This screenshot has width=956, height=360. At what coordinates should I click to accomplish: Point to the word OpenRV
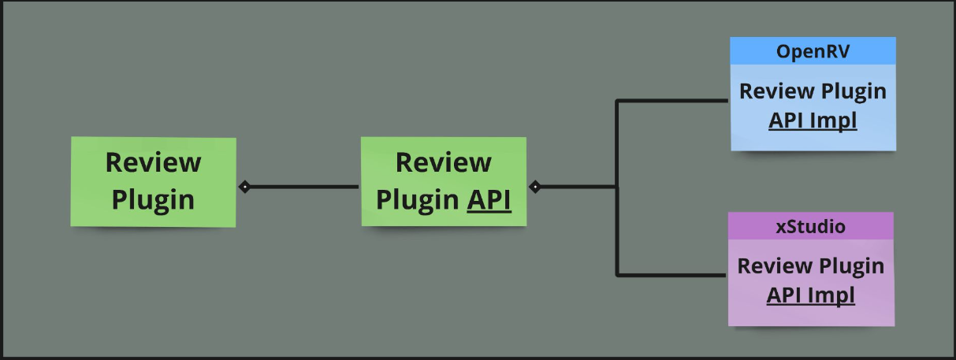pos(813,52)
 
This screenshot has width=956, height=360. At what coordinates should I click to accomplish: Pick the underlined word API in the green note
pos(489,200)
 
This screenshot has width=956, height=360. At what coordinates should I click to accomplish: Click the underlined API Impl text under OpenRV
pos(813,121)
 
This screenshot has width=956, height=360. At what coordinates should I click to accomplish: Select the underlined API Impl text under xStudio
pos(810,295)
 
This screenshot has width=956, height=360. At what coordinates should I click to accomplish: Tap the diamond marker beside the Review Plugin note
pos(244,187)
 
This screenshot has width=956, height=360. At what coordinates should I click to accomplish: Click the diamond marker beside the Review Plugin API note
pos(535,187)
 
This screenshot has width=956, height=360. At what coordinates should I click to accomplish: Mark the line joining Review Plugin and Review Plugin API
pos(303,187)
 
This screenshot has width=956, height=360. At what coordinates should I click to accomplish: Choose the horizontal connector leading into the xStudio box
pos(671,275)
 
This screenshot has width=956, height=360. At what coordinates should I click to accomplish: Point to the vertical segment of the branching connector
pos(617,228)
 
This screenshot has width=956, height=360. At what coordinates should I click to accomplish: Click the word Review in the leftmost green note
pos(153,162)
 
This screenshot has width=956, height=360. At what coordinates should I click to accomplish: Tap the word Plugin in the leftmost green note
pos(153,199)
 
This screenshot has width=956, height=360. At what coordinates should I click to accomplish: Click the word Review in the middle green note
pos(443,162)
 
